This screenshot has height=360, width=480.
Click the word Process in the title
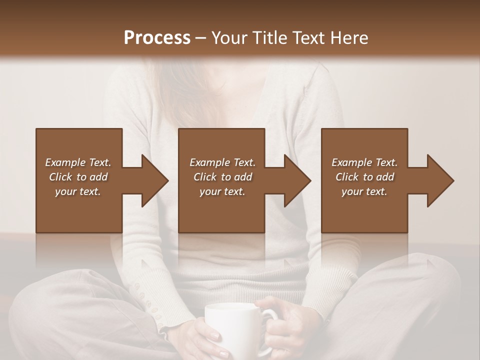157,38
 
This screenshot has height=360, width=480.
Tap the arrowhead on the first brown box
153,180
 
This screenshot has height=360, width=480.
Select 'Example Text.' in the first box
78,162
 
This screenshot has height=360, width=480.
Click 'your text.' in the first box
78,191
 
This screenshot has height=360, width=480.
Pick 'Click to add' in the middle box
222,177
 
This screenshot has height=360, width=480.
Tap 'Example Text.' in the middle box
222,162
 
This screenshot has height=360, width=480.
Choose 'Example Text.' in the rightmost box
364,162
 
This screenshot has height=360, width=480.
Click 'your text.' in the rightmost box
364,191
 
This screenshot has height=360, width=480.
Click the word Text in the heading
308,38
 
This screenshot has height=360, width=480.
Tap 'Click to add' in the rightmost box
364,177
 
